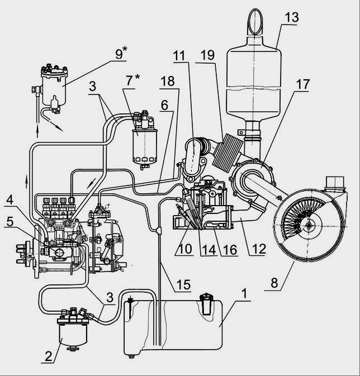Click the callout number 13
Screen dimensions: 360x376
pyautogui.click(x=292, y=17)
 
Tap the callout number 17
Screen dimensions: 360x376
pyautogui.click(x=303, y=84)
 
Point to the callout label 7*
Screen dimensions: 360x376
pyautogui.click(x=132, y=80)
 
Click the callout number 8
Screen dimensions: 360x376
pyautogui.click(x=274, y=283)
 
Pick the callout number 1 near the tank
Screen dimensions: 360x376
pyautogui.click(x=244, y=293)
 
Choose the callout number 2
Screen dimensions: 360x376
pyautogui.click(x=49, y=356)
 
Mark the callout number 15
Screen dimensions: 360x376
pyautogui.click(x=183, y=284)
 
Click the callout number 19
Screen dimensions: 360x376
pyautogui.click(x=207, y=55)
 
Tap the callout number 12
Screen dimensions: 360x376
pyautogui.click(x=259, y=249)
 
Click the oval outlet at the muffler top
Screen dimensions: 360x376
pyautogui.click(x=255, y=21)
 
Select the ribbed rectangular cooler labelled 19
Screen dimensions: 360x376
pyautogui.click(x=228, y=153)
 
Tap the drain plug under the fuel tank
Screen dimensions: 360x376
pyautogui.click(x=131, y=356)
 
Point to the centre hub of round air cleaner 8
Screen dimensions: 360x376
pyautogui.click(x=310, y=225)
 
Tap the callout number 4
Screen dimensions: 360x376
pyautogui.click(x=10, y=200)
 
